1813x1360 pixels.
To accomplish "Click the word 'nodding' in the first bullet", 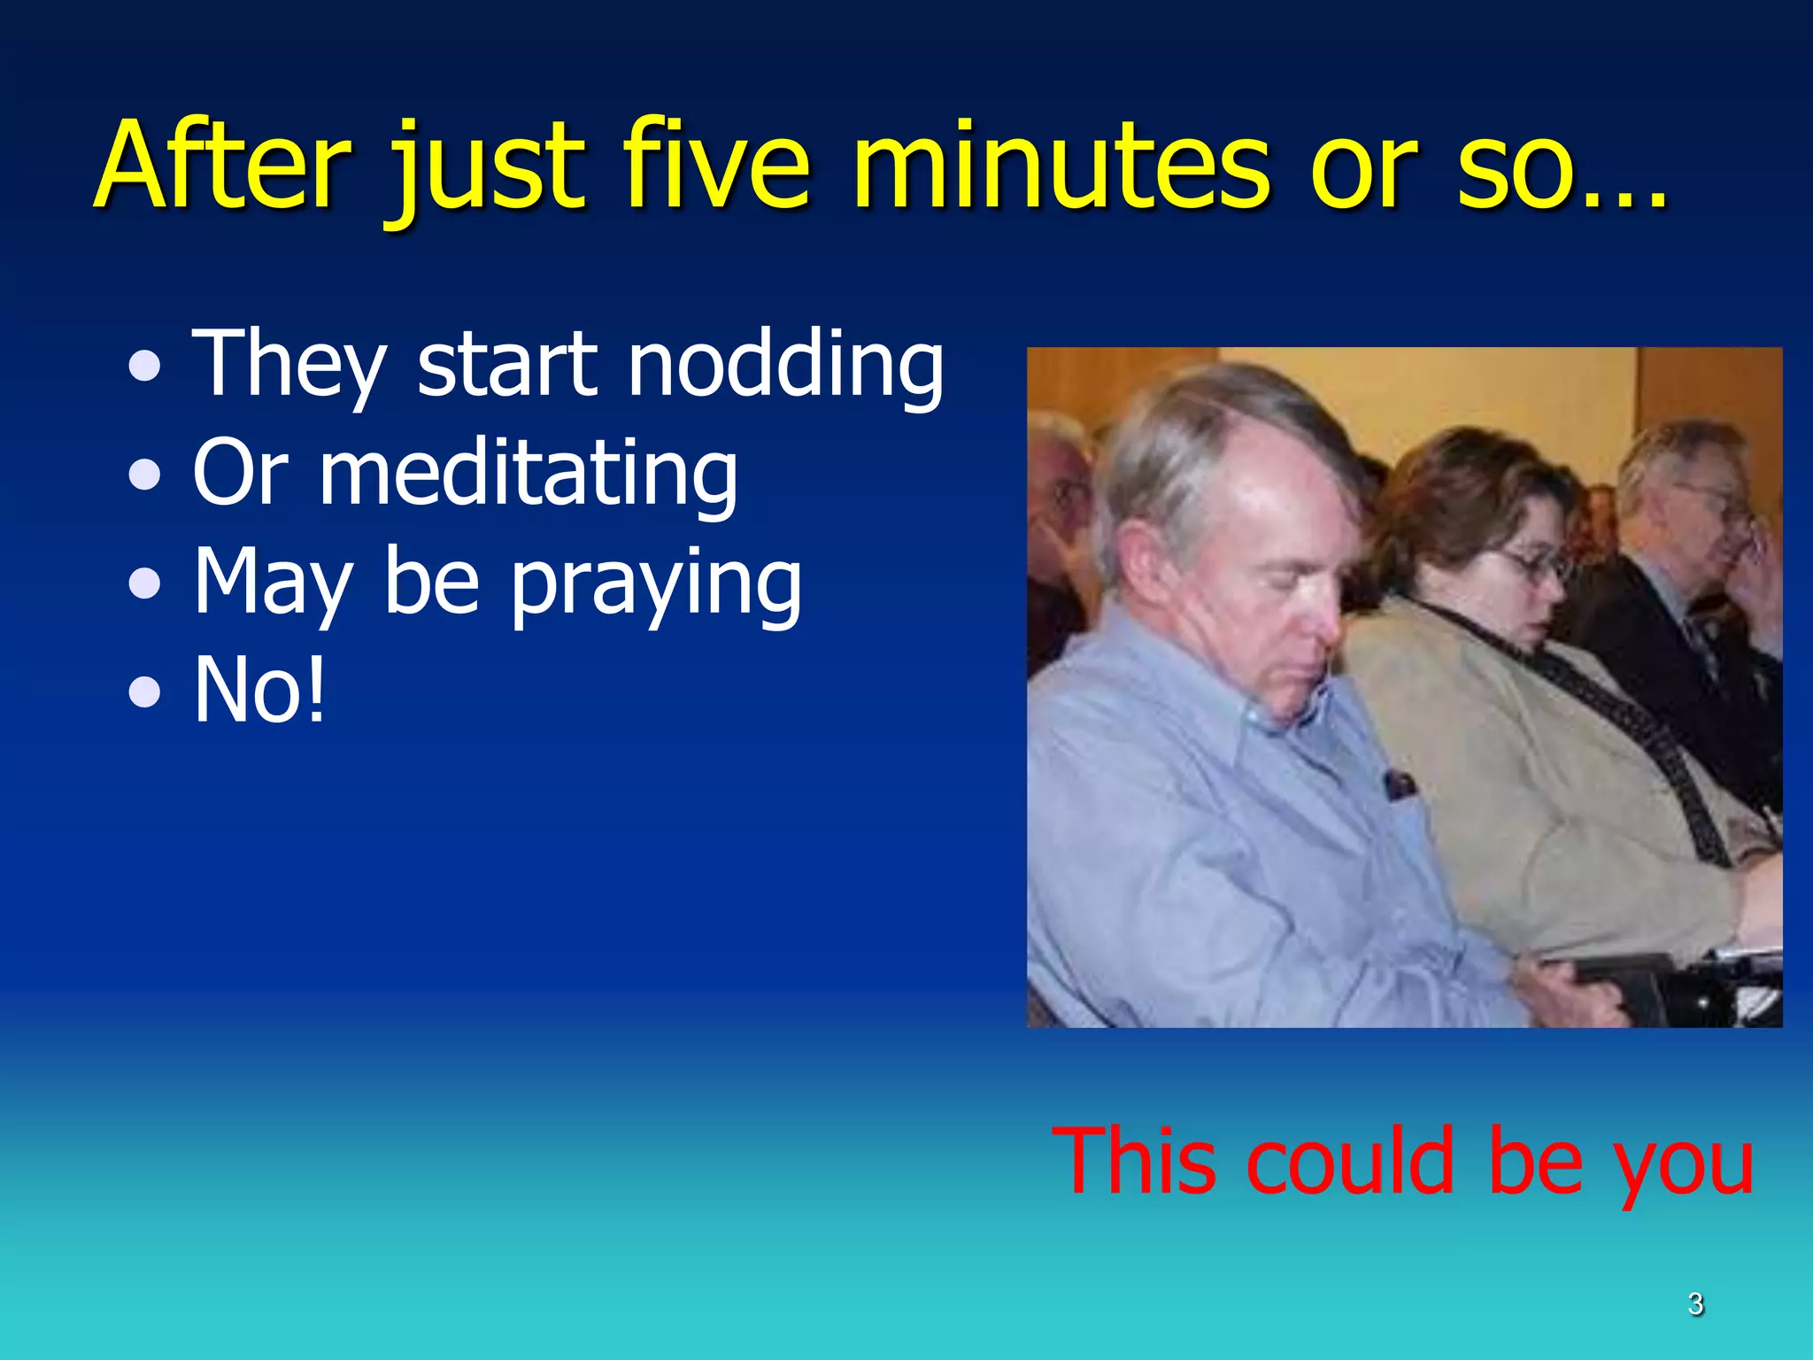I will [785, 365].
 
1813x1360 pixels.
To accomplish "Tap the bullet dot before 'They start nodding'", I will [144, 367].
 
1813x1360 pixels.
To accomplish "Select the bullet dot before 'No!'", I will [144, 692].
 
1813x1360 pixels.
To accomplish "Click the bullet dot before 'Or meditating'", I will [144, 475].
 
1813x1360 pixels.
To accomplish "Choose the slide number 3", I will [1694, 1303].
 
